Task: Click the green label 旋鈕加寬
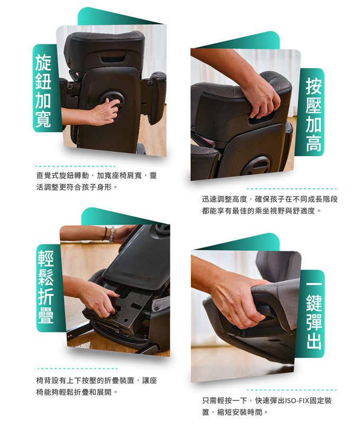(43, 88)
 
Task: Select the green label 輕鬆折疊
(46, 288)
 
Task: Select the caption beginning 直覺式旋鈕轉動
(97, 176)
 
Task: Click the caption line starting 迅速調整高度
(269, 199)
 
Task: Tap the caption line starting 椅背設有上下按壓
(97, 381)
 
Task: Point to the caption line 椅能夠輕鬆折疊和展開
(77, 393)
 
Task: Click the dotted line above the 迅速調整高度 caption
(292, 189)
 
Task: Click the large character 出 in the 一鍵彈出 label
(314, 341)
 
